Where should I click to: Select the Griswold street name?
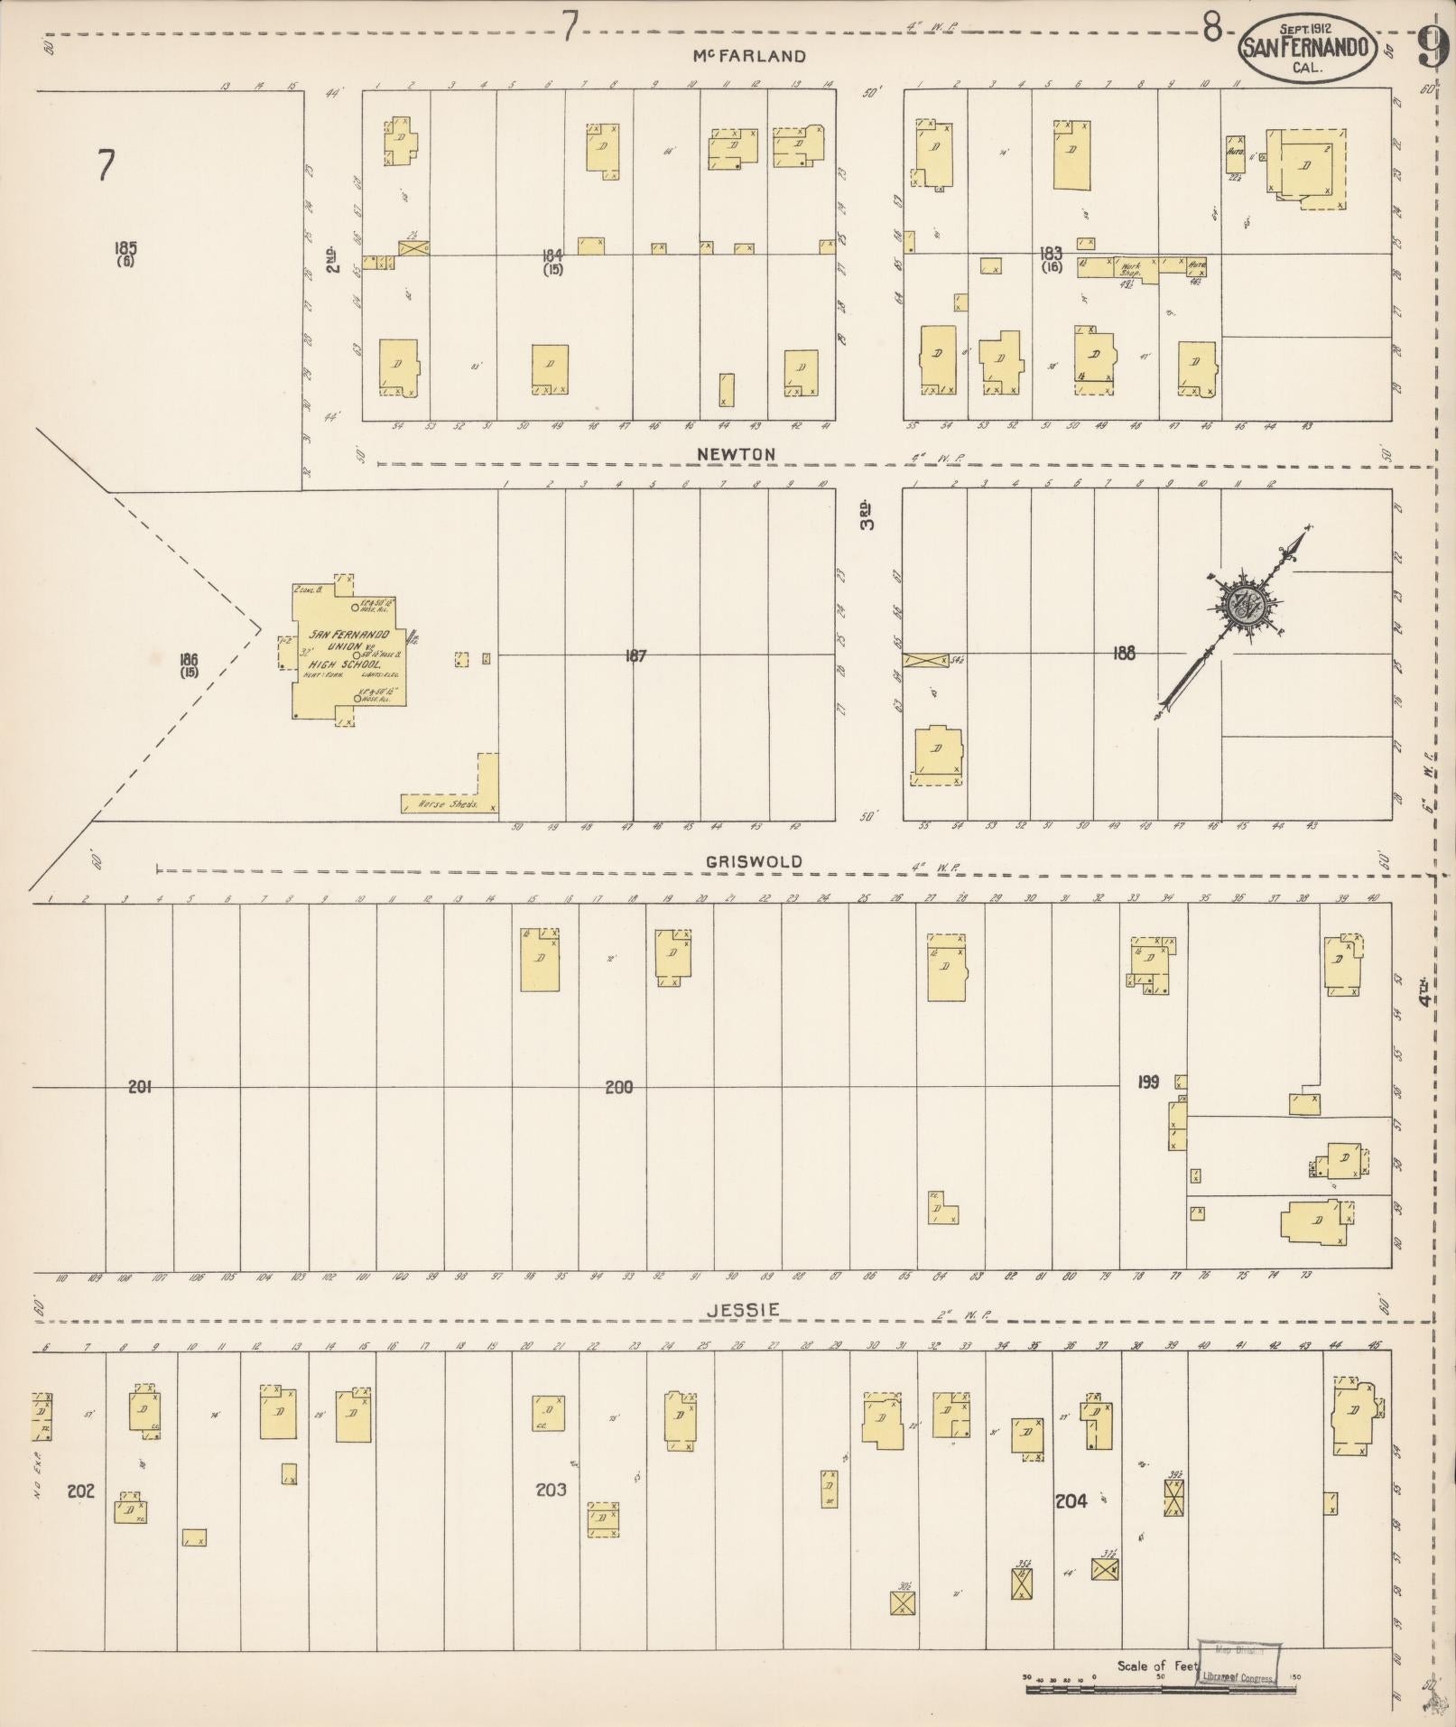pyautogui.click(x=754, y=861)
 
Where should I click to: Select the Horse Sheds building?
pyautogui.click(x=449, y=803)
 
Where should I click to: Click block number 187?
pyautogui.click(x=635, y=656)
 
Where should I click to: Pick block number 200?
pyautogui.click(x=618, y=1088)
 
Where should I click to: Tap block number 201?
pyautogui.click(x=139, y=1088)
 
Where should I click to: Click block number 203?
pyautogui.click(x=551, y=1490)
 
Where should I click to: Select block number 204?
pyautogui.click(x=1071, y=1500)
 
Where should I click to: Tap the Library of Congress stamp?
pyautogui.click(x=1238, y=1662)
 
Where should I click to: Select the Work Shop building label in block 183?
pyautogui.click(x=1130, y=268)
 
